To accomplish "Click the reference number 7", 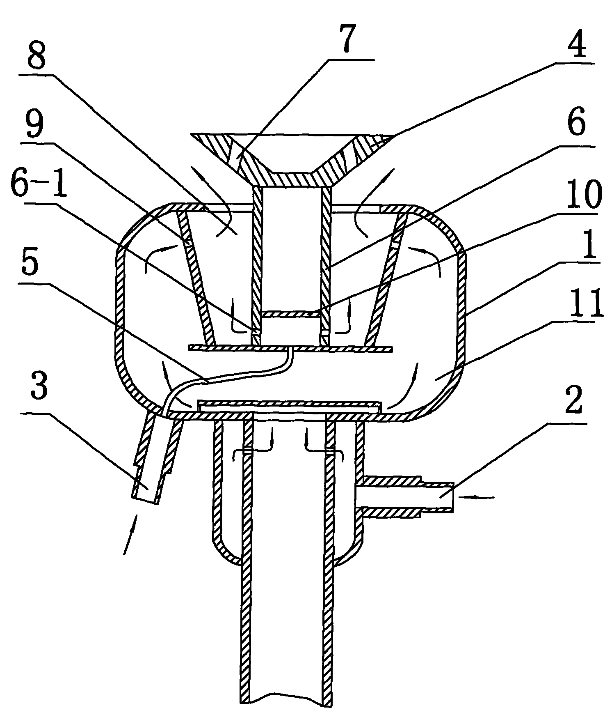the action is tap(345, 39).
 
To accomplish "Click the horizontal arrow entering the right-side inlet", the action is tap(477, 497).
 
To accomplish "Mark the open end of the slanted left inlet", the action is tap(144, 500).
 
